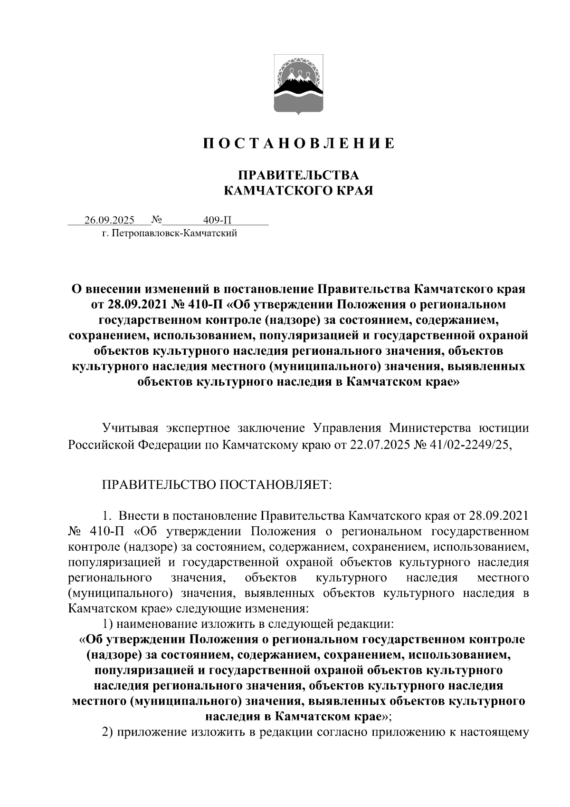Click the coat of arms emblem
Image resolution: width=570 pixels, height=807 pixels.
(x=298, y=85)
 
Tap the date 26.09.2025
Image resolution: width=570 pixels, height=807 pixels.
(x=110, y=220)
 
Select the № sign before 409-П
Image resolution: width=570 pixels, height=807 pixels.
(x=156, y=220)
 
